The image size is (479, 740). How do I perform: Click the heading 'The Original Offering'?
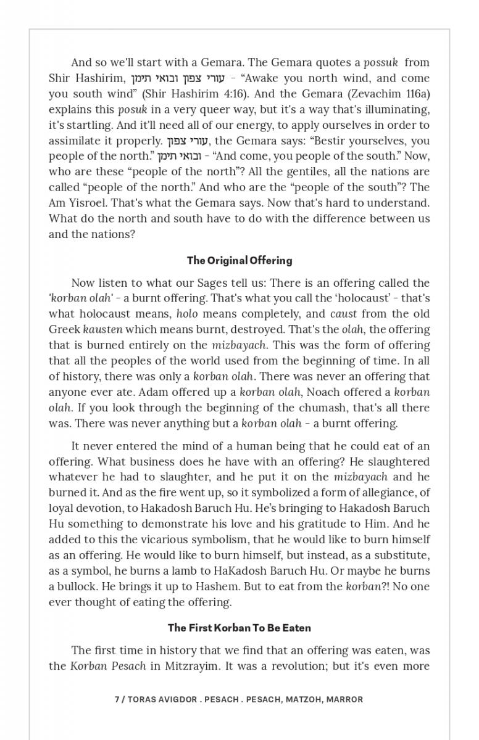click(x=239, y=260)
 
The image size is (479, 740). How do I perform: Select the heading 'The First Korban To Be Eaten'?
click(x=239, y=628)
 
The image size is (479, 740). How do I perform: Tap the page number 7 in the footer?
click(x=117, y=699)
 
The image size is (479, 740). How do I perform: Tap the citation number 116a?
click(x=417, y=94)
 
